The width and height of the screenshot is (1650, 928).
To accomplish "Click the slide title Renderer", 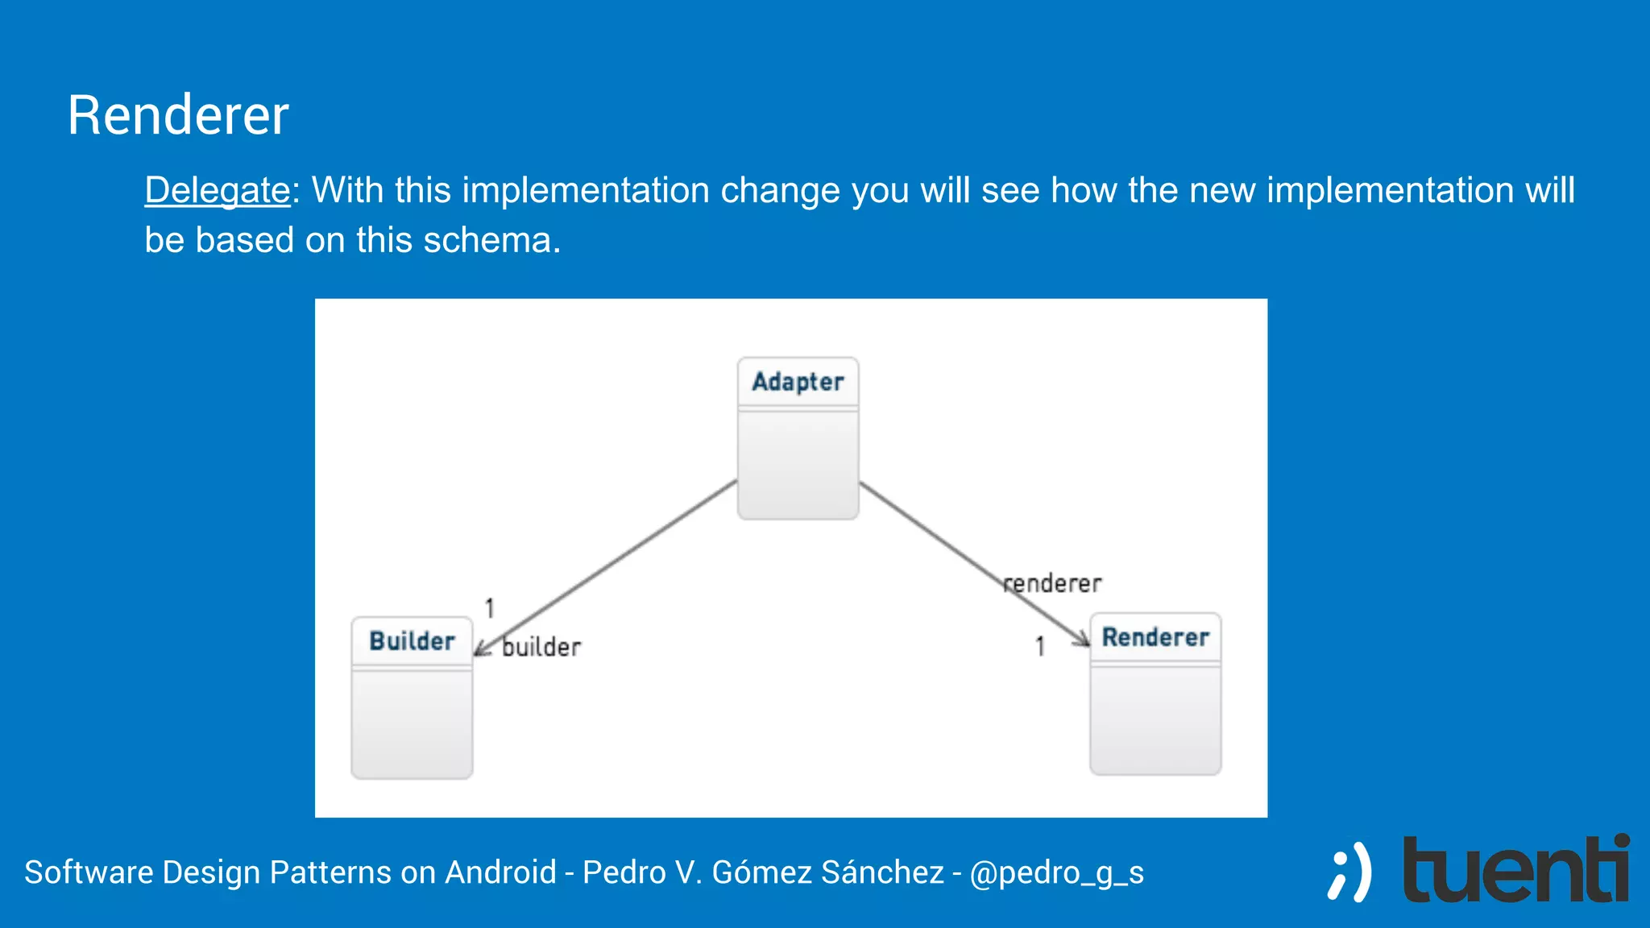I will pyautogui.click(x=177, y=115).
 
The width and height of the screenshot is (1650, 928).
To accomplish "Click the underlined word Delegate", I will pyautogui.click(x=217, y=191).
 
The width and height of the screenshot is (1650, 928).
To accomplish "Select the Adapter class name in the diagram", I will pyautogui.click(x=798, y=381).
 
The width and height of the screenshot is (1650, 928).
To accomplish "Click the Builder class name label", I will pyautogui.click(x=412, y=641).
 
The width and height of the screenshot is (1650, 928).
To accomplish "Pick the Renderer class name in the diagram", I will pyautogui.click(x=1155, y=637).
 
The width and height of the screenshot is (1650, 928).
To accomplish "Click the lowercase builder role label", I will pyautogui.click(x=541, y=647).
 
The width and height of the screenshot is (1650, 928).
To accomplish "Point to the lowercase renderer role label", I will pyautogui.click(x=1052, y=583).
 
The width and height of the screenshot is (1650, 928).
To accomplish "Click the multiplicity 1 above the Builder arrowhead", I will pyautogui.click(x=489, y=608).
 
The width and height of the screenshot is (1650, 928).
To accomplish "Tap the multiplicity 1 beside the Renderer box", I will pyautogui.click(x=1040, y=646).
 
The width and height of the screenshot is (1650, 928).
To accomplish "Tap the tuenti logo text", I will pyautogui.click(x=1515, y=872).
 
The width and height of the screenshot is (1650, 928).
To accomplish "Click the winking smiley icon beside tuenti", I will pyautogui.click(x=1349, y=872).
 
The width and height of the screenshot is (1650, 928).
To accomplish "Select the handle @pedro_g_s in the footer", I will pyautogui.click(x=1056, y=872).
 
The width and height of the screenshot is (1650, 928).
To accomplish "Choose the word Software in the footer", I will pyautogui.click(x=89, y=872).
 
